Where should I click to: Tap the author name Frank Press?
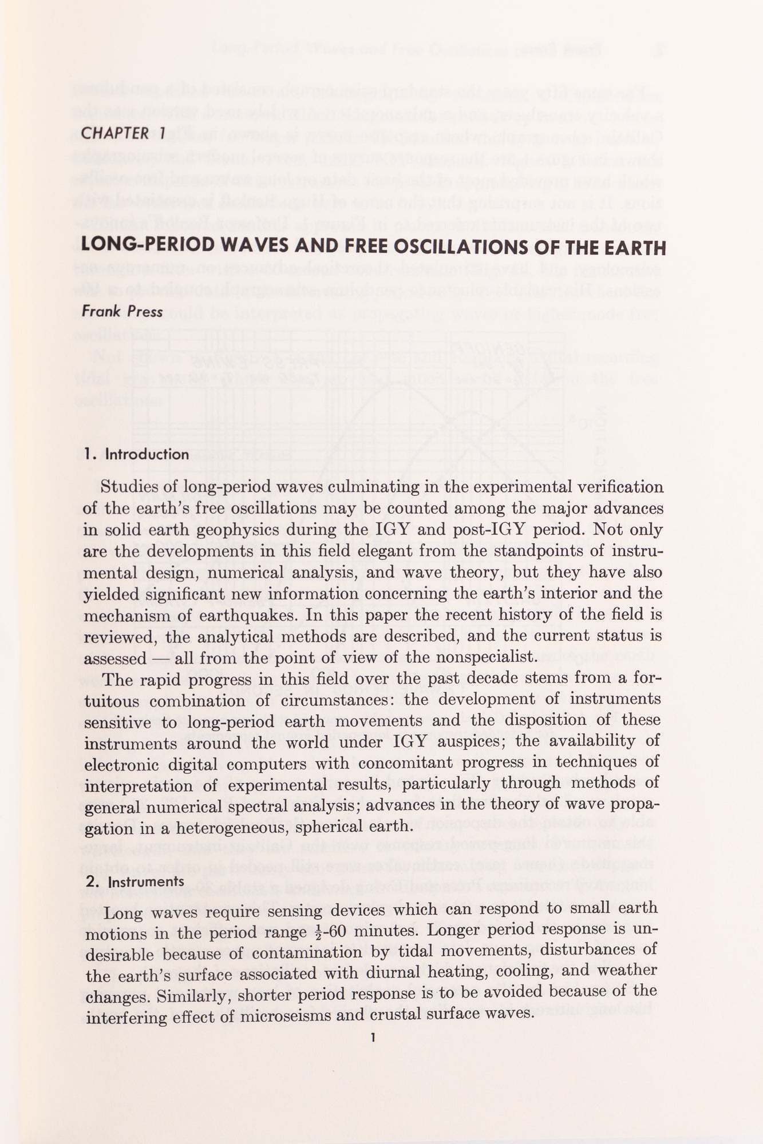(x=122, y=312)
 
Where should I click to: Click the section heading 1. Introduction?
(x=136, y=455)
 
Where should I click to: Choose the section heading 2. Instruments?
(x=135, y=881)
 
